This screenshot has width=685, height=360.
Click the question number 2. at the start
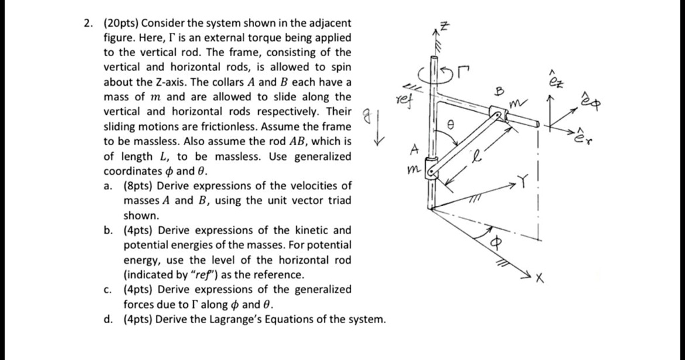[x=89, y=24]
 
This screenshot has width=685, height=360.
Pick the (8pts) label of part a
[x=138, y=186]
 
